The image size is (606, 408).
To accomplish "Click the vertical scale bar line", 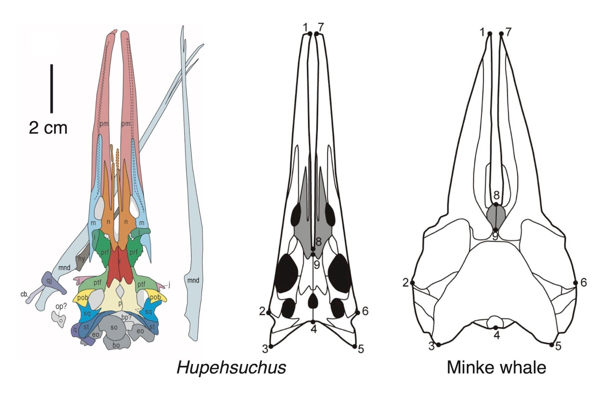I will (52, 88).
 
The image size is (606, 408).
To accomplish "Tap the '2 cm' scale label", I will (48, 128).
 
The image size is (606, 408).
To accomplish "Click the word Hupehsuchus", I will (231, 368).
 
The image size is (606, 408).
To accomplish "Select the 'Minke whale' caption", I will (496, 368).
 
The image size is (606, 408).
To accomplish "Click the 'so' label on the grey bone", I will (114, 327).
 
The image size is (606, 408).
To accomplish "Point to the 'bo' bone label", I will (116, 345).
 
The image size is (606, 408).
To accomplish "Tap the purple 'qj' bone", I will (50, 281).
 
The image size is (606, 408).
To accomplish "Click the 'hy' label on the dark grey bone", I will (81, 259).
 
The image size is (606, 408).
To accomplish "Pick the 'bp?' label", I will (127, 317).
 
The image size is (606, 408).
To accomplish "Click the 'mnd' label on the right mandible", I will (193, 281).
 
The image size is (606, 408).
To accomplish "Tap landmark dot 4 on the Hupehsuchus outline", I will (313, 322).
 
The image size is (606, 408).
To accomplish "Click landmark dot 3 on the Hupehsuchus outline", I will (271, 346).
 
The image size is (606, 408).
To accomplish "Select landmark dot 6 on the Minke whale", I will (576, 283).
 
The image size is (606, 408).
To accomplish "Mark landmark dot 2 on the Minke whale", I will (412, 283).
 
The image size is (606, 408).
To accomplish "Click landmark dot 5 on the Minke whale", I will (551, 345).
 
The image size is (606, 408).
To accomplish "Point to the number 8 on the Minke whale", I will (496, 195).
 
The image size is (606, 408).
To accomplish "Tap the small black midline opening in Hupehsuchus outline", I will (313, 301).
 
